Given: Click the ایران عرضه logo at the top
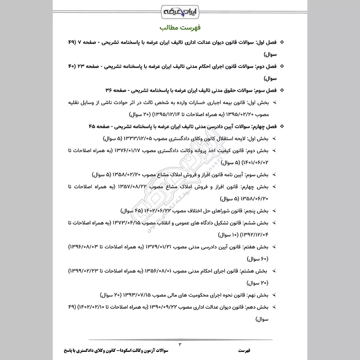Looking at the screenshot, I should coord(180,10).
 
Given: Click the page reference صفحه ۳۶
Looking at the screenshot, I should coord(115,90).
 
